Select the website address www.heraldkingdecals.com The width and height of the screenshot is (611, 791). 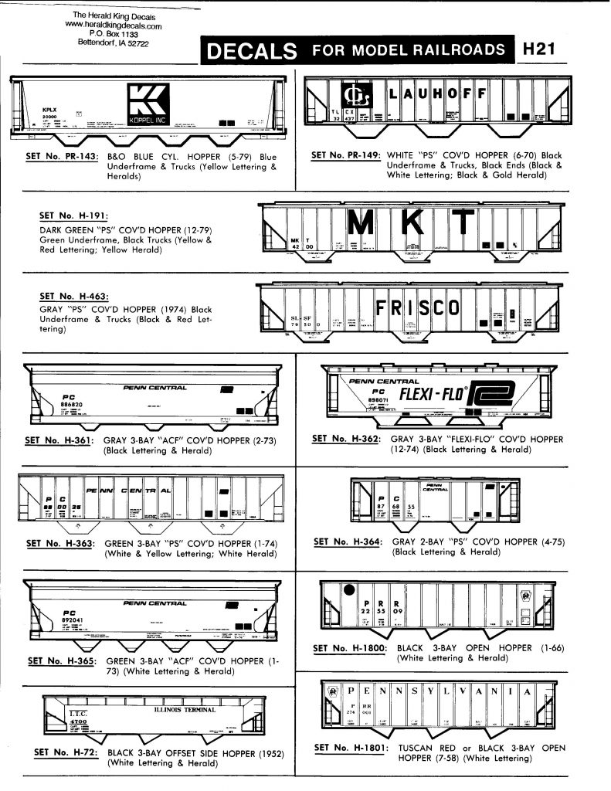tap(114, 25)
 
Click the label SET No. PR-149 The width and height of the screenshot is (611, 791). tap(345, 155)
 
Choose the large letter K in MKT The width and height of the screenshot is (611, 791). tap(413, 223)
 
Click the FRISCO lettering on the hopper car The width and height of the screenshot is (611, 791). tap(417, 309)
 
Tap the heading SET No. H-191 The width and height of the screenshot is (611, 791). tap(72, 217)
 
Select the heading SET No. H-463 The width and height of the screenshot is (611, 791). tap(73, 295)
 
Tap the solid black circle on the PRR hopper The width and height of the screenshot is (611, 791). tap(349, 590)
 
